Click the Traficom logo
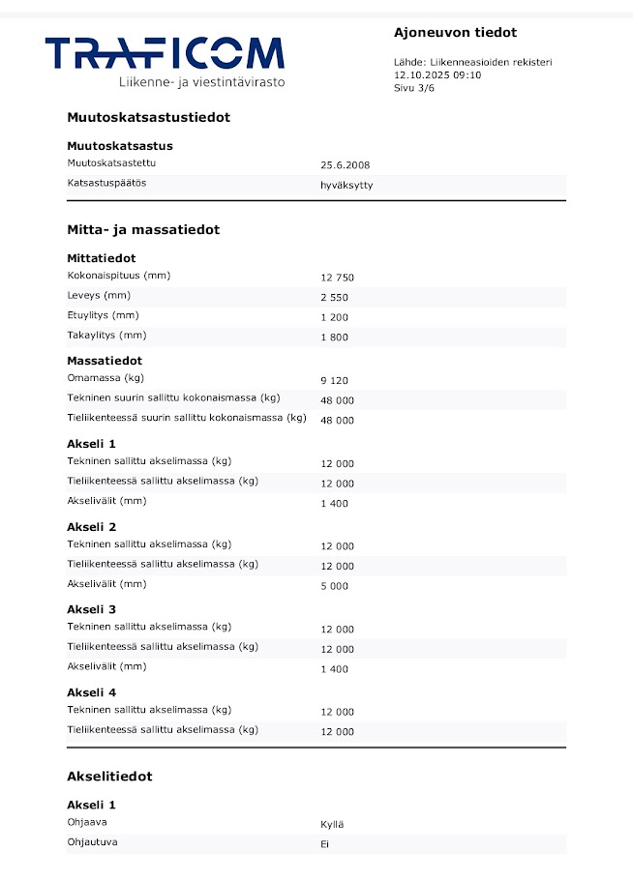click(165, 54)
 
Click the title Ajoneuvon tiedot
click(455, 33)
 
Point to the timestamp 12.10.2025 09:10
click(437, 74)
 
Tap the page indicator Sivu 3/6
click(417, 87)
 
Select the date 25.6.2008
click(346, 165)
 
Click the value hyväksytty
click(347, 186)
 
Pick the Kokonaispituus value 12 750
click(338, 278)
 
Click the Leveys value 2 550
click(335, 298)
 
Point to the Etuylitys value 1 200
click(335, 318)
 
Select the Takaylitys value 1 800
click(335, 338)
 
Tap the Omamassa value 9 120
click(335, 380)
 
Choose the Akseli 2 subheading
click(92, 527)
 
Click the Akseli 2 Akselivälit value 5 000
click(335, 587)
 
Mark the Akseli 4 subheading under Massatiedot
click(92, 692)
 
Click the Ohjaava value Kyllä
click(332, 825)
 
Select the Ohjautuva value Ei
click(325, 844)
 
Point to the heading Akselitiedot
click(109, 777)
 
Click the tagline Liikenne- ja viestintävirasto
click(201, 83)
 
